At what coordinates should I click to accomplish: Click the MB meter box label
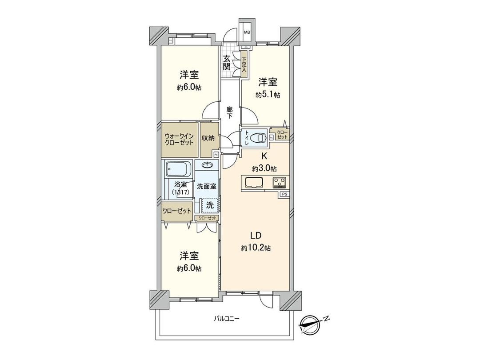pos(247,32)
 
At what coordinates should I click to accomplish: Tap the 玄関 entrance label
pos(227,63)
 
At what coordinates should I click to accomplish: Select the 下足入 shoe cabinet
pos(244,64)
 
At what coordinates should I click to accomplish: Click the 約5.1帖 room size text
pos(268,95)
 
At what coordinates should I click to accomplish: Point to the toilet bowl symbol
pos(258,138)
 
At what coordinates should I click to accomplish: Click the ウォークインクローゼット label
pos(179,140)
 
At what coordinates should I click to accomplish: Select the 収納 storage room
pos(208,138)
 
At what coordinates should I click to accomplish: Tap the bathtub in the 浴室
pos(178,169)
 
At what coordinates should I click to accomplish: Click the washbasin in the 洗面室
pos(207,165)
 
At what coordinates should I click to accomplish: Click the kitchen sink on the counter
pos(253,182)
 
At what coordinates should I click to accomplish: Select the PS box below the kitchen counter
pos(284,194)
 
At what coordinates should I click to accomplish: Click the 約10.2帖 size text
pos(256,248)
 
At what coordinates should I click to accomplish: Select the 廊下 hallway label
pos(230,112)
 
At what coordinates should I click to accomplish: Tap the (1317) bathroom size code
pos(181,192)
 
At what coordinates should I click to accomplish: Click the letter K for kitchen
pos(264,156)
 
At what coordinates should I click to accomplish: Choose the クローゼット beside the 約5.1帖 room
pos(282,134)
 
